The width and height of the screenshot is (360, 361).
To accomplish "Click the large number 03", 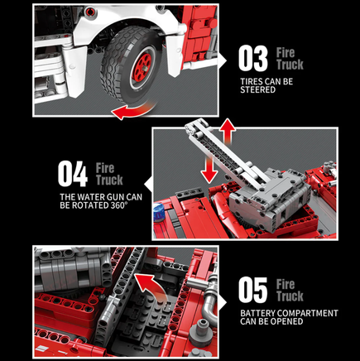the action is (253, 58).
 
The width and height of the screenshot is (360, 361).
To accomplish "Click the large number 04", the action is (73, 174).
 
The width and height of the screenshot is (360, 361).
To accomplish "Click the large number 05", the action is (253, 290).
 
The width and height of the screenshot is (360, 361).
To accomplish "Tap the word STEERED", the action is (257, 89).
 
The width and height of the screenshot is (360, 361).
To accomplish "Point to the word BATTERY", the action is (257, 313).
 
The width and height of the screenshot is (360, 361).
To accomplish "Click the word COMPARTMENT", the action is (308, 313).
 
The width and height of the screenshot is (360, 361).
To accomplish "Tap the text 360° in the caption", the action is (119, 205).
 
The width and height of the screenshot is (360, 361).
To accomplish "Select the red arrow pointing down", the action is (209, 170).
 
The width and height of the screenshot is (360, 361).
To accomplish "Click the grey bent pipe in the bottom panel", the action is (209, 300).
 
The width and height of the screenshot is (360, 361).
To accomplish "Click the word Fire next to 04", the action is (105, 168).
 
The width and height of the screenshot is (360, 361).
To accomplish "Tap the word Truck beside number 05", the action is (290, 296).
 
